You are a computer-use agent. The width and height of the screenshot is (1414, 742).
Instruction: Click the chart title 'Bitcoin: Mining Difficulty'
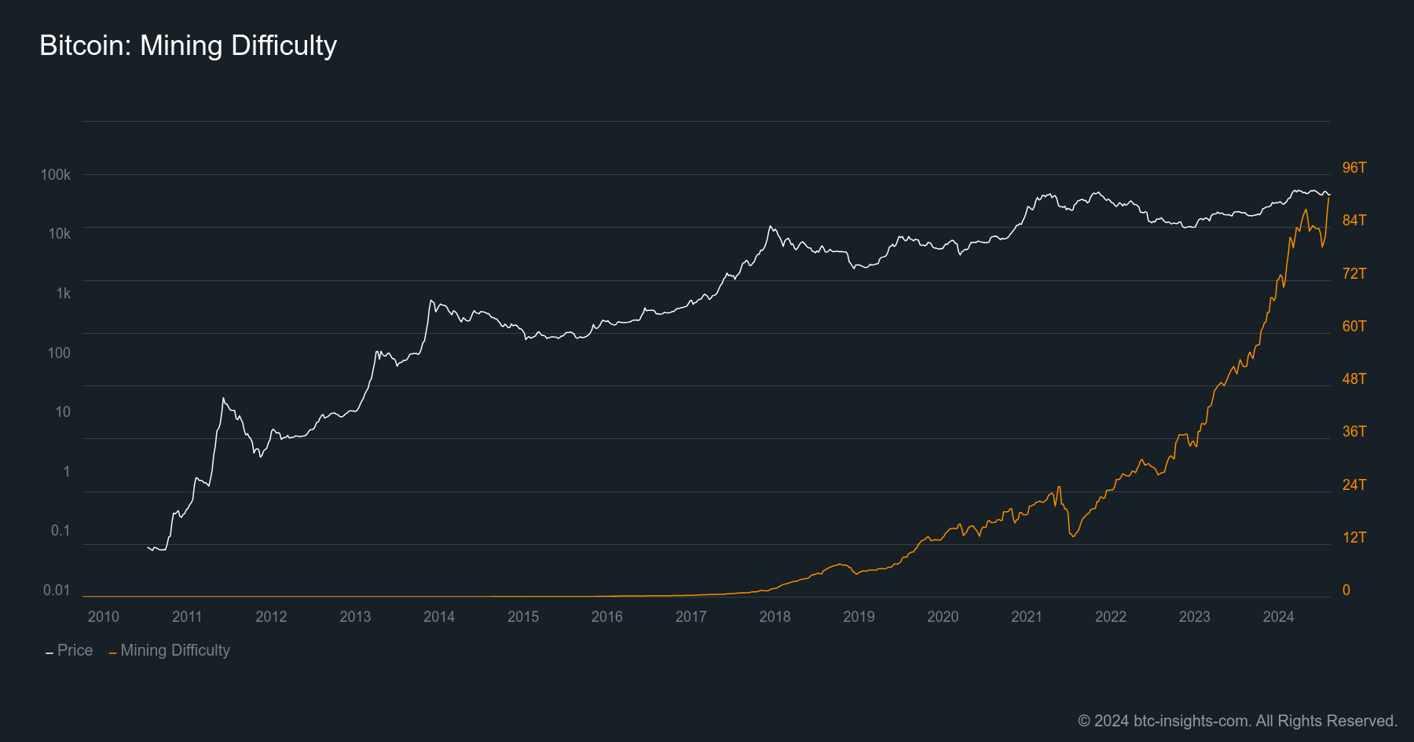point(188,46)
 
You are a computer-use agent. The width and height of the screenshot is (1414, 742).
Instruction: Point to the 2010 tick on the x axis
point(104,616)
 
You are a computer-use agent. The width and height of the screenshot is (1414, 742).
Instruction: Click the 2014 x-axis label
point(439,616)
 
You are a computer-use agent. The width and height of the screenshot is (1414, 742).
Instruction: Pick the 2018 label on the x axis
point(775,616)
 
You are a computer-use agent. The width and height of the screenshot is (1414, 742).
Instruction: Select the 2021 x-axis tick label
point(1027,616)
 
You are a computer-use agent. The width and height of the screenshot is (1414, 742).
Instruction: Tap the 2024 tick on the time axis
point(1278,616)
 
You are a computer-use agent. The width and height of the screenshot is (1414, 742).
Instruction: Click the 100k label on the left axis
point(56,174)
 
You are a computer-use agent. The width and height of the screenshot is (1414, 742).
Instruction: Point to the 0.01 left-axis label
point(57,590)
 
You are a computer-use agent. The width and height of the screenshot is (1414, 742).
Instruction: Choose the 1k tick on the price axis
point(63,293)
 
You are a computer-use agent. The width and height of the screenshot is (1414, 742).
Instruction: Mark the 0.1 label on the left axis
point(60,530)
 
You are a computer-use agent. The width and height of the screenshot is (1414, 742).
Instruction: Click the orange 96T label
point(1354,167)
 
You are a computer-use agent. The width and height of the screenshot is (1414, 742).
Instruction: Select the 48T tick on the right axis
point(1354,378)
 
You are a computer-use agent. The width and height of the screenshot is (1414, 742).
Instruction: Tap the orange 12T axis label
point(1354,537)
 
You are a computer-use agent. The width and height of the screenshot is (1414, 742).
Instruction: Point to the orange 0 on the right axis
point(1346,590)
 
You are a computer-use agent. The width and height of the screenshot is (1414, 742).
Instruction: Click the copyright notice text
point(1237,721)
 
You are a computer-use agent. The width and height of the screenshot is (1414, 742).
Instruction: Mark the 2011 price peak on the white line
point(224,399)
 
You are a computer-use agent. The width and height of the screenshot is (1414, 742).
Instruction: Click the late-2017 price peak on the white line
point(771,227)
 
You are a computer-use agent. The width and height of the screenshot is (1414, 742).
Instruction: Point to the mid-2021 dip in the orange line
point(1072,535)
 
